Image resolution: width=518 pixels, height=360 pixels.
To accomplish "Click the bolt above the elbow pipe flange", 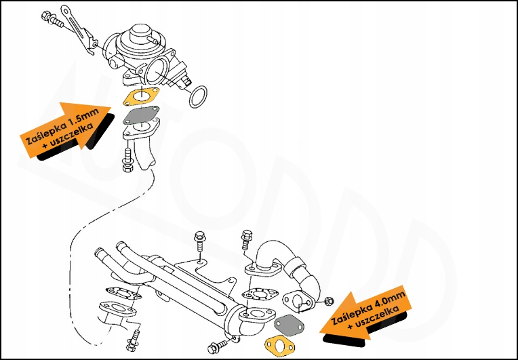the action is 245,241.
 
